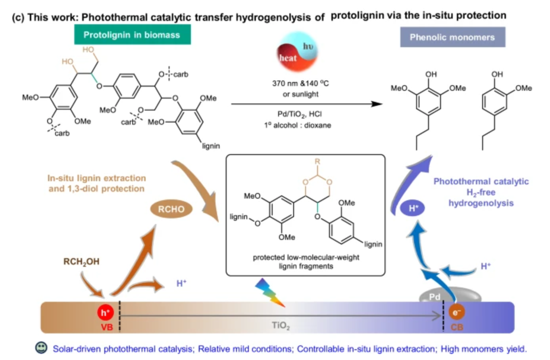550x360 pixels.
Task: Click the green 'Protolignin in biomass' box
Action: click(x=132, y=35)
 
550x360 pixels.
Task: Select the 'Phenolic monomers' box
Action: click(x=452, y=37)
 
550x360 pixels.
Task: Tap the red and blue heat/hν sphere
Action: click(x=297, y=52)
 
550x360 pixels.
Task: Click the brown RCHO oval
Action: click(x=171, y=209)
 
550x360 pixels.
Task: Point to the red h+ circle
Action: click(x=105, y=313)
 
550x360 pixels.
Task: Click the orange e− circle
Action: click(x=456, y=312)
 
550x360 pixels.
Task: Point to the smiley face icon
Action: click(x=41, y=348)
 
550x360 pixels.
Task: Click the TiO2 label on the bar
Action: click(x=281, y=326)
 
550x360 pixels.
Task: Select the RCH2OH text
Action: click(x=81, y=262)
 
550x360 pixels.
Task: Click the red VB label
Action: click(x=106, y=327)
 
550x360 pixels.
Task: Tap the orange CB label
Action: click(x=457, y=327)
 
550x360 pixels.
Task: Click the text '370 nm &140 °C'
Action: click(x=300, y=83)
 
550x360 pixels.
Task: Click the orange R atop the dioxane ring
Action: click(x=317, y=161)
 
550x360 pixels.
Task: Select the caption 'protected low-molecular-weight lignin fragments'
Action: click(x=306, y=262)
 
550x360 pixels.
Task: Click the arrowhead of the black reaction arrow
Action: click(x=377, y=104)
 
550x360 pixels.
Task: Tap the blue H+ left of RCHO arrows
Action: click(x=181, y=283)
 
